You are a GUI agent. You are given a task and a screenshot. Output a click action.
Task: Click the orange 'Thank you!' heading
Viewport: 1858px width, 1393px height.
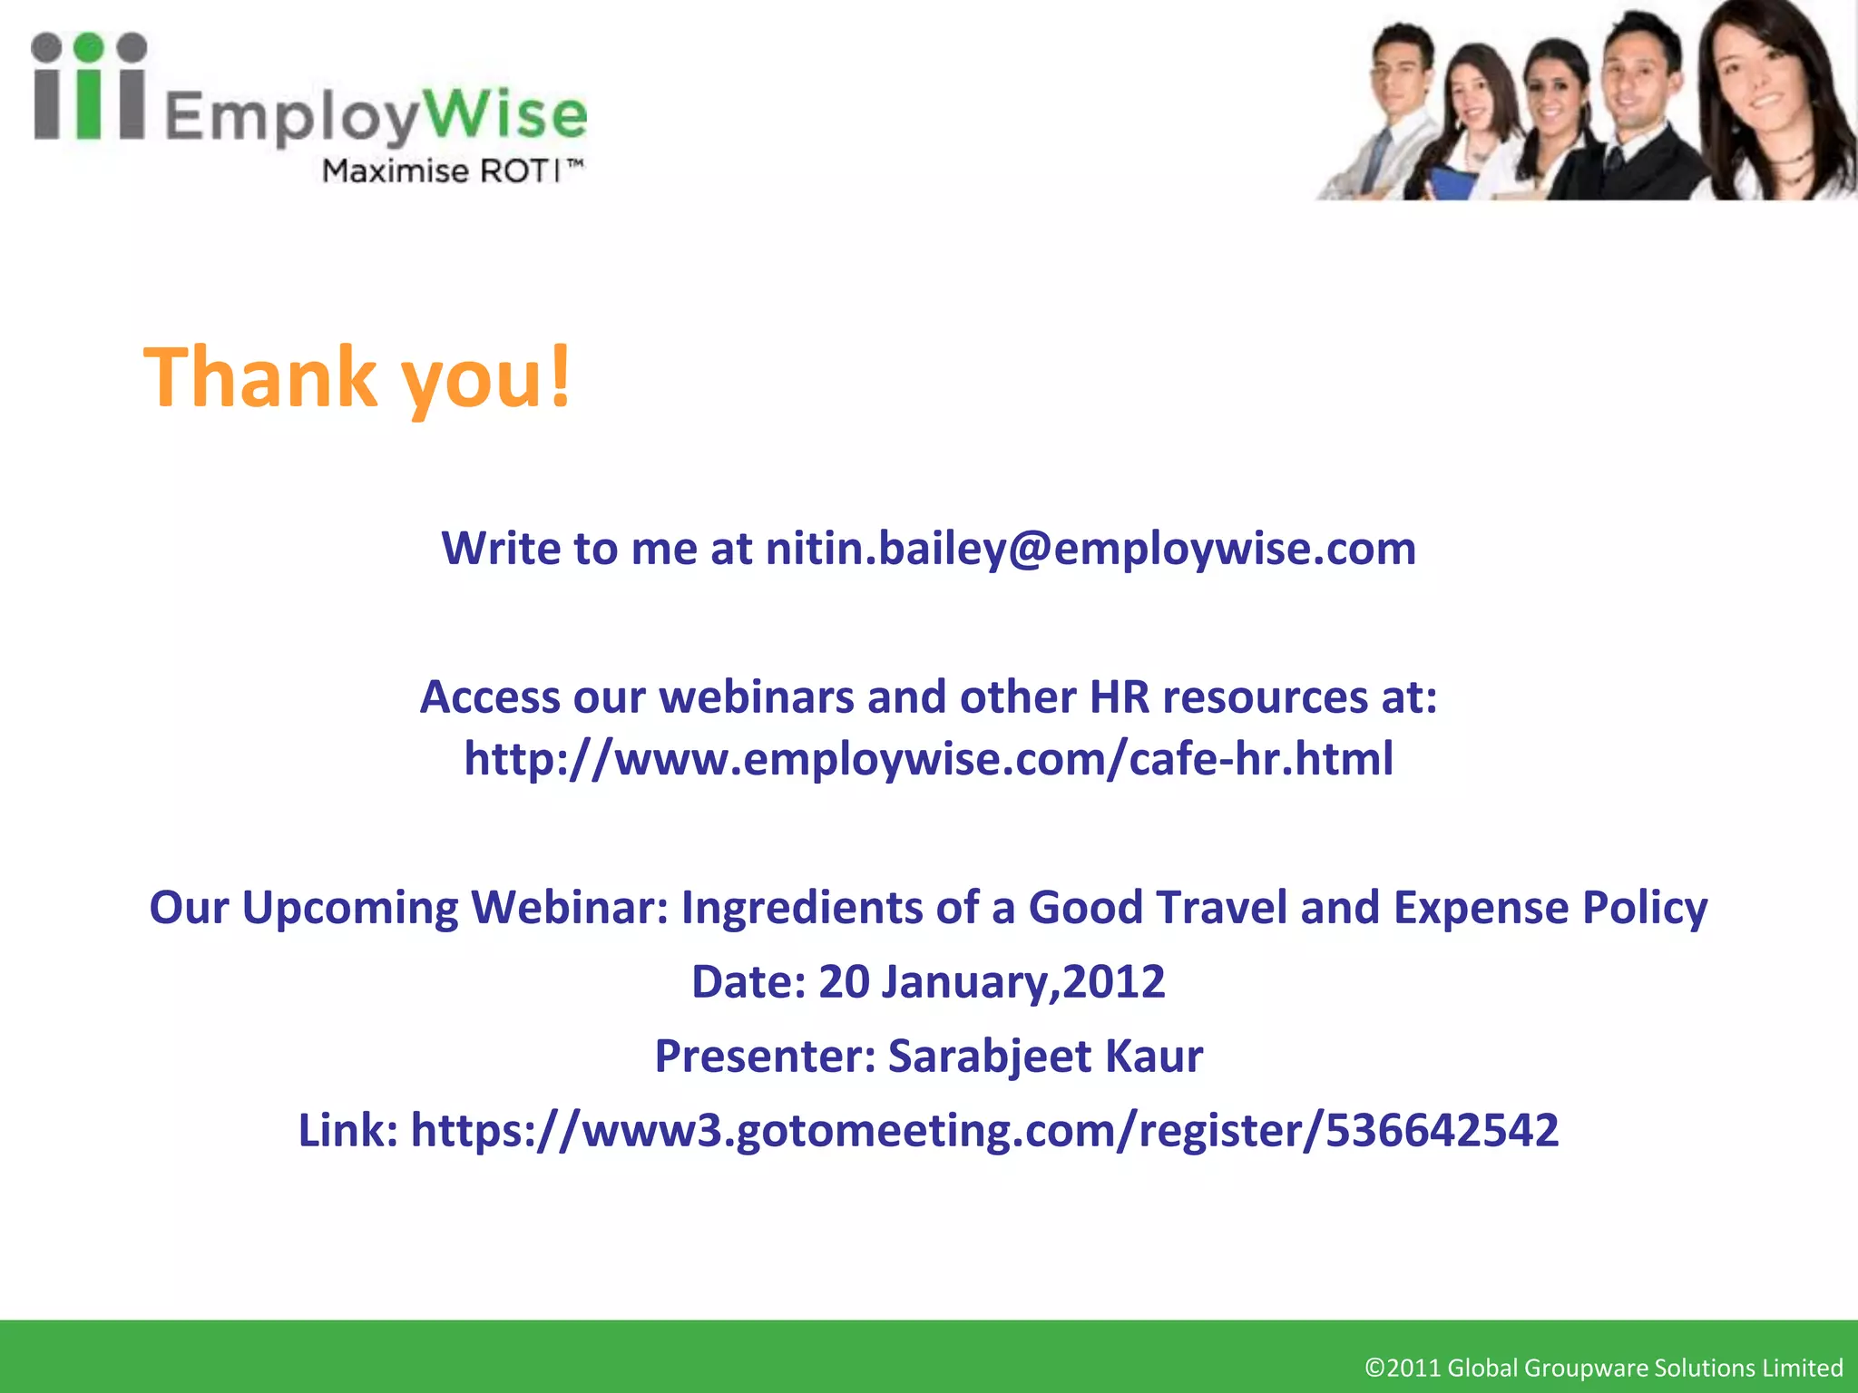point(357,377)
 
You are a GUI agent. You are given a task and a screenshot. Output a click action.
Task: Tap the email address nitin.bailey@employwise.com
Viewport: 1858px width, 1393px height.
point(1090,549)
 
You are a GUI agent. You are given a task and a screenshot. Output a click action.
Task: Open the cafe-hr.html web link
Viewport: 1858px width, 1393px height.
point(928,759)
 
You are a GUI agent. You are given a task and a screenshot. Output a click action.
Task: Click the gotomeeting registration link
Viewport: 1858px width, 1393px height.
point(984,1131)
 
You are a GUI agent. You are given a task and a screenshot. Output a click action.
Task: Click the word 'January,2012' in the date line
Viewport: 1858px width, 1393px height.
point(1023,982)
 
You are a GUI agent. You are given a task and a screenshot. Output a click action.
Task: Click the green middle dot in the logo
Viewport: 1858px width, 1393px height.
point(88,48)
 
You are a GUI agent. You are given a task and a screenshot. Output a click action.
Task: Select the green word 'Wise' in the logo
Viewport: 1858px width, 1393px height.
point(505,115)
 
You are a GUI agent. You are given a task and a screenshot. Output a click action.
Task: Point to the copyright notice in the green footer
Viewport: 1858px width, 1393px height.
point(1603,1368)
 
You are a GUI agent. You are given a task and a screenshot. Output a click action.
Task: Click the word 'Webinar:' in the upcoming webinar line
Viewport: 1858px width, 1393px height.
point(570,908)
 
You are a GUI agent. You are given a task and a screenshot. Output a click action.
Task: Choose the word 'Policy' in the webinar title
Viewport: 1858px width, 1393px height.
point(1645,908)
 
